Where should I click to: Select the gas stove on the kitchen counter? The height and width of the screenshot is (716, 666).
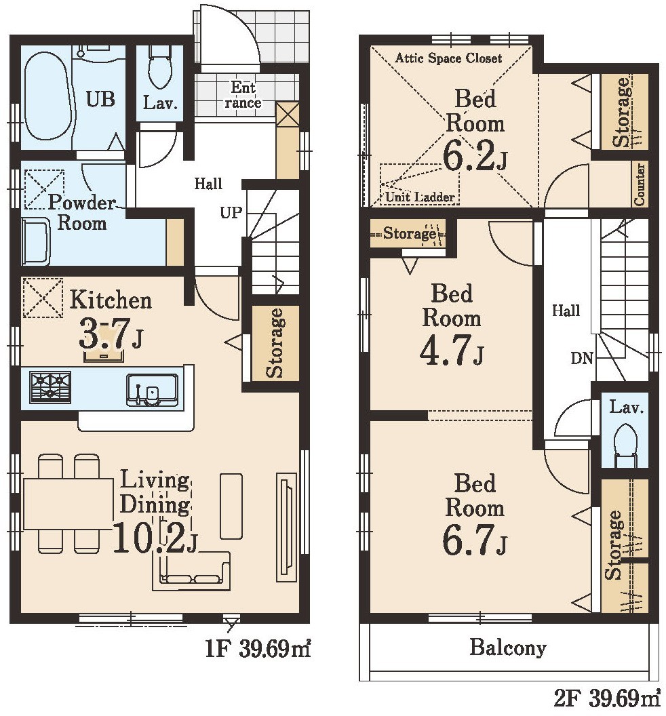coord(50,387)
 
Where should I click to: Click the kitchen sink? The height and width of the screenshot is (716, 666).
coord(153,390)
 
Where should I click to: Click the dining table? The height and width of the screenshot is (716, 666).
coord(68,504)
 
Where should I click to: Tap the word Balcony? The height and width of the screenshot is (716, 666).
coord(508,648)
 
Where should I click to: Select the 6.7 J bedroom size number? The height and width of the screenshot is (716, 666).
coord(474,539)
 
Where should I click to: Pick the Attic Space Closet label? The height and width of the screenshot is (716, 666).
coord(448,58)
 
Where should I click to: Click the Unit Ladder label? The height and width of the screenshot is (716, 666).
coord(420,197)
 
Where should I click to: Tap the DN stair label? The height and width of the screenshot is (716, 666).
coord(582,358)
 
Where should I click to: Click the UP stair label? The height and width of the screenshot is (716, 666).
coord(231,213)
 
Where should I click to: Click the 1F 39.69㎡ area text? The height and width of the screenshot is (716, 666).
coord(258,648)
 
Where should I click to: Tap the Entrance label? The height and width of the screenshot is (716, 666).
coord(243,94)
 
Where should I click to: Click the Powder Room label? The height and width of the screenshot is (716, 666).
coord(82,213)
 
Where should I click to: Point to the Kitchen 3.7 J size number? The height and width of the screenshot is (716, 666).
coord(111,335)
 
